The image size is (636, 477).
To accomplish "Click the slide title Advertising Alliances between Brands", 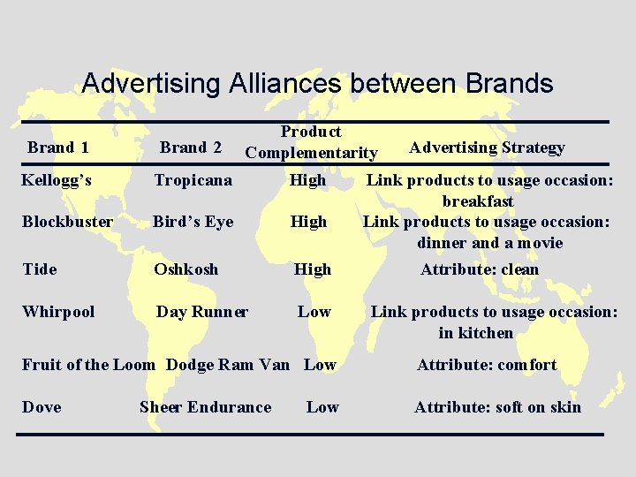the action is pyautogui.click(x=317, y=84).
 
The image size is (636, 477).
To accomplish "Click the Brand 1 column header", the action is pyautogui.click(x=57, y=148).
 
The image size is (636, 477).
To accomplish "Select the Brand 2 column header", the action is pyautogui.click(x=190, y=148).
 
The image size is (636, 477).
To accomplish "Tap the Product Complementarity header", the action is pyautogui.click(x=311, y=142).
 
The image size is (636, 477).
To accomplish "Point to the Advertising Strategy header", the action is pyautogui.click(x=487, y=148).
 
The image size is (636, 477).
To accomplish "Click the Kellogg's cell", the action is pyautogui.click(x=57, y=180).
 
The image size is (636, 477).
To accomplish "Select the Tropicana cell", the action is pyautogui.click(x=193, y=180).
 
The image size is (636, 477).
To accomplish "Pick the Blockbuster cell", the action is pyautogui.click(x=67, y=222).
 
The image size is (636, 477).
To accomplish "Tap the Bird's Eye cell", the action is pyautogui.click(x=193, y=222).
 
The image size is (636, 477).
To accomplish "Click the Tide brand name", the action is pyautogui.click(x=39, y=269).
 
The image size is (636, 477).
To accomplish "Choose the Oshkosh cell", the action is pyautogui.click(x=185, y=269).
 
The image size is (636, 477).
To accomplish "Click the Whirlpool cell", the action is pyautogui.click(x=58, y=312).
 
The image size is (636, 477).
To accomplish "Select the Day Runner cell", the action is pyautogui.click(x=202, y=312).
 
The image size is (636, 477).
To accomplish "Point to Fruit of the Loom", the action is pyautogui.click(x=88, y=365).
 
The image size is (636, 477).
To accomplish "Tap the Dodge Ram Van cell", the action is pyautogui.click(x=228, y=365).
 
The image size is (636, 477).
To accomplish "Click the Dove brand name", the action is pyautogui.click(x=42, y=407).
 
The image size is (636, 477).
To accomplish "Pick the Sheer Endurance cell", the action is pyautogui.click(x=205, y=407).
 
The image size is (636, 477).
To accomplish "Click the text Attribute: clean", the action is pyautogui.click(x=480, y=269).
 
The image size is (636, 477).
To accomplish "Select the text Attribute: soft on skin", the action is pyautogui.click(x=498, y=407).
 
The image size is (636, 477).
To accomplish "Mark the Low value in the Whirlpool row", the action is pyautogui.click(x=314, y=312).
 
